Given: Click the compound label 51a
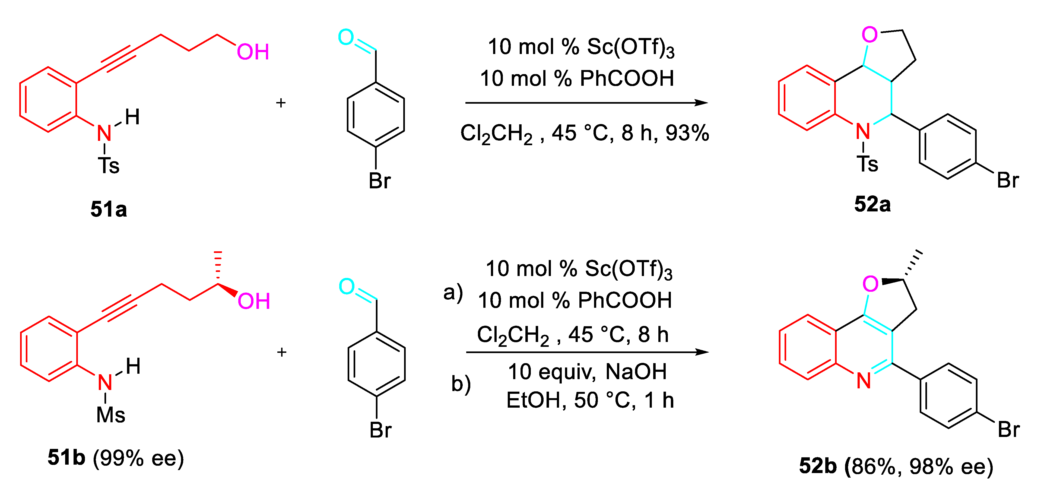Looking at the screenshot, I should pos(109,209).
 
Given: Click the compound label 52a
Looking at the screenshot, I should pos(872,204).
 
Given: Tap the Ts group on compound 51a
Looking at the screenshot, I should pos(108,166).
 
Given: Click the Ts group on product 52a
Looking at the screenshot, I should pos(867,164).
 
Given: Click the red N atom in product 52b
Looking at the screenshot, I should pos(864,381).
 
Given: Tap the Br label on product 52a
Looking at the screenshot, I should pos(1008,180).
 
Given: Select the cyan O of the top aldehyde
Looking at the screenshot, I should pos(346,37).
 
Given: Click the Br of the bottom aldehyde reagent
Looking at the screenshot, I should pos(380,430).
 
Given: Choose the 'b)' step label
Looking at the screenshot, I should pos(461,384).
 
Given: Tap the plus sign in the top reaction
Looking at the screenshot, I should pos(281,103).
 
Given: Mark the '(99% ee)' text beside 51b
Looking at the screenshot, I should pos(138,458).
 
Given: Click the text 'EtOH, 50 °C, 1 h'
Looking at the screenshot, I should pos(590,400).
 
